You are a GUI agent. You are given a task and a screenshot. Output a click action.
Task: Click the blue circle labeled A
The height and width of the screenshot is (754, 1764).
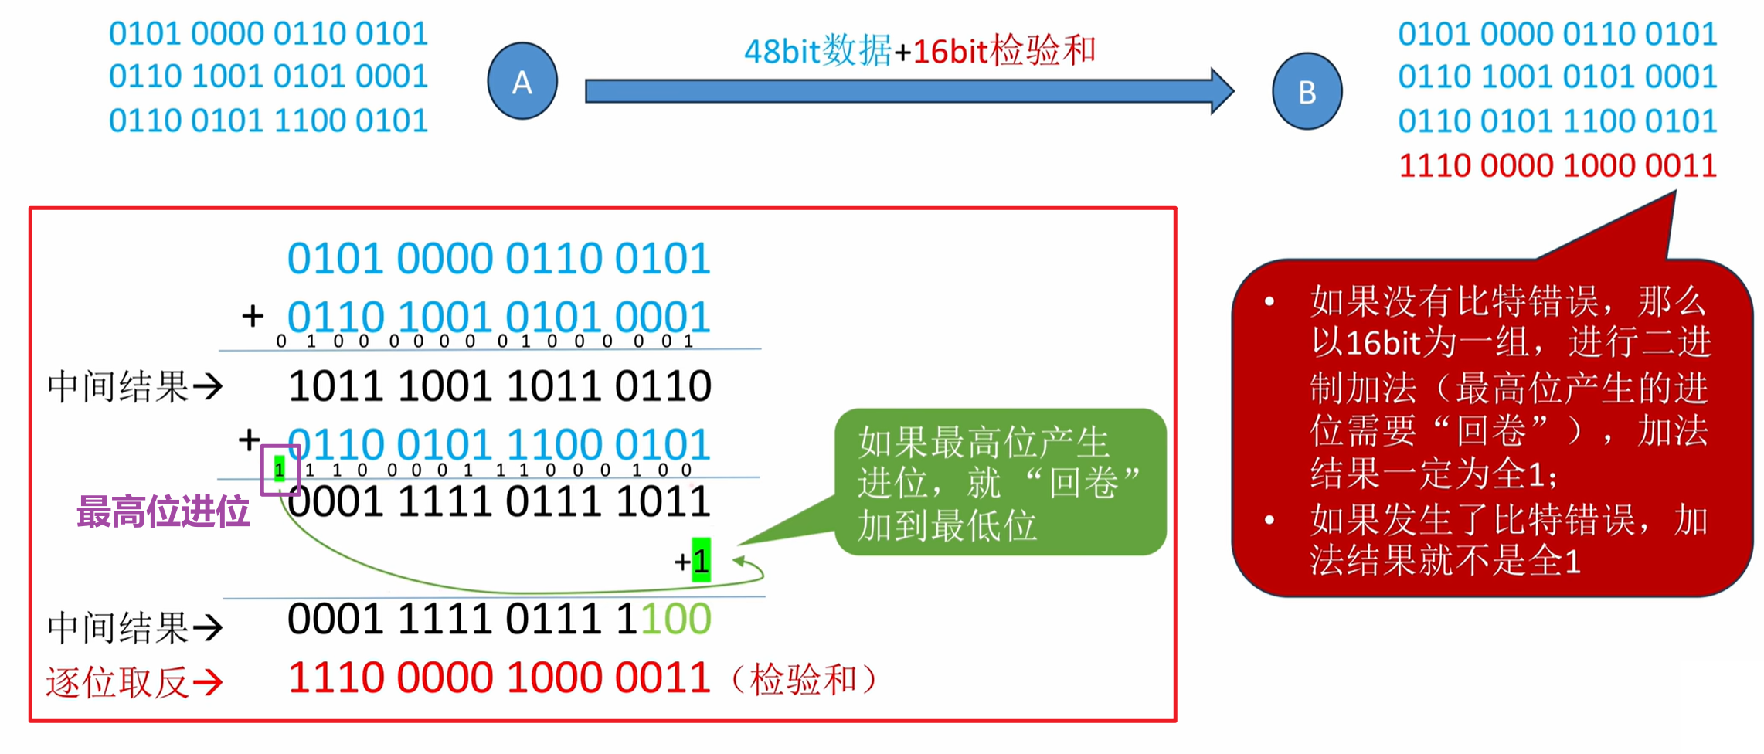tap(522, 81)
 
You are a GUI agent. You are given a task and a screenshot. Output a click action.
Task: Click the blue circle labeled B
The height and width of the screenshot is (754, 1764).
tap(1307, 91)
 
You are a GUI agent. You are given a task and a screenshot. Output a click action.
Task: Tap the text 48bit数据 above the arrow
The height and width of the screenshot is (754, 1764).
tap(817, 51)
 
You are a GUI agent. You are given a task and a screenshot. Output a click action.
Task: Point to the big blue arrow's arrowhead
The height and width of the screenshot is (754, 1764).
tap(1222, 91)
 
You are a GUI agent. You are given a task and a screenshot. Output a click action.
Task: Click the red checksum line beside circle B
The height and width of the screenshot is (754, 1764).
tap(1557, 165)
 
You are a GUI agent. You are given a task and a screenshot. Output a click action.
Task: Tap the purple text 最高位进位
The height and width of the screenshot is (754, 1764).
tap(163, 511)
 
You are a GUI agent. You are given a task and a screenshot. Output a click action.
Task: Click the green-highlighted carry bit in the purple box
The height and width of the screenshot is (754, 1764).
tap(280, 468)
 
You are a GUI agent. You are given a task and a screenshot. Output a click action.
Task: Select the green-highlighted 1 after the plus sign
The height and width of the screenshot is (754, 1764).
tap(701, 560)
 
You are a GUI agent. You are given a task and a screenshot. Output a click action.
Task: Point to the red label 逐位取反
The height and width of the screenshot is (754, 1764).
tap(117, 682)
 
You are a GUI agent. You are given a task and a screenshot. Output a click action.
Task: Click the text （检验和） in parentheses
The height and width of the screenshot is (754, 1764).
tap(804, 680)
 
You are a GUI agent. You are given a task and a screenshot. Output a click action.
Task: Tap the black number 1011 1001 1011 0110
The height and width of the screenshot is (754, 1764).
tap(499, 386)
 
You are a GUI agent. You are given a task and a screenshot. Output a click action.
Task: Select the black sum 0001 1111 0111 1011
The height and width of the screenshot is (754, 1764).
tap(499, 502)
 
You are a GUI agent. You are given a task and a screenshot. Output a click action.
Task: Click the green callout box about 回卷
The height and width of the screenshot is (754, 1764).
tap(1000, 482)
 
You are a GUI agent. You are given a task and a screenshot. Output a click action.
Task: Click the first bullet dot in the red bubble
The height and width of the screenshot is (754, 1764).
tap(1269, 301)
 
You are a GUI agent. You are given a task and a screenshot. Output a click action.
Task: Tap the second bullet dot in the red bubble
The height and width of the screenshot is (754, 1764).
tap(1269, 520)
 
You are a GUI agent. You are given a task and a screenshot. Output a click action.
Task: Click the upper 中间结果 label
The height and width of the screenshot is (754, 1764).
tap(117, 386)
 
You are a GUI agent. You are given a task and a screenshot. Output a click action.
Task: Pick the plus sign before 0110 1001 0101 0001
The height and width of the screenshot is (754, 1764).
tap(253, 316)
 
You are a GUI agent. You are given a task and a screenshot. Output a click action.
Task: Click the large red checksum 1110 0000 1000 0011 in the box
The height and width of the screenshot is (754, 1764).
tap(499, 678)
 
